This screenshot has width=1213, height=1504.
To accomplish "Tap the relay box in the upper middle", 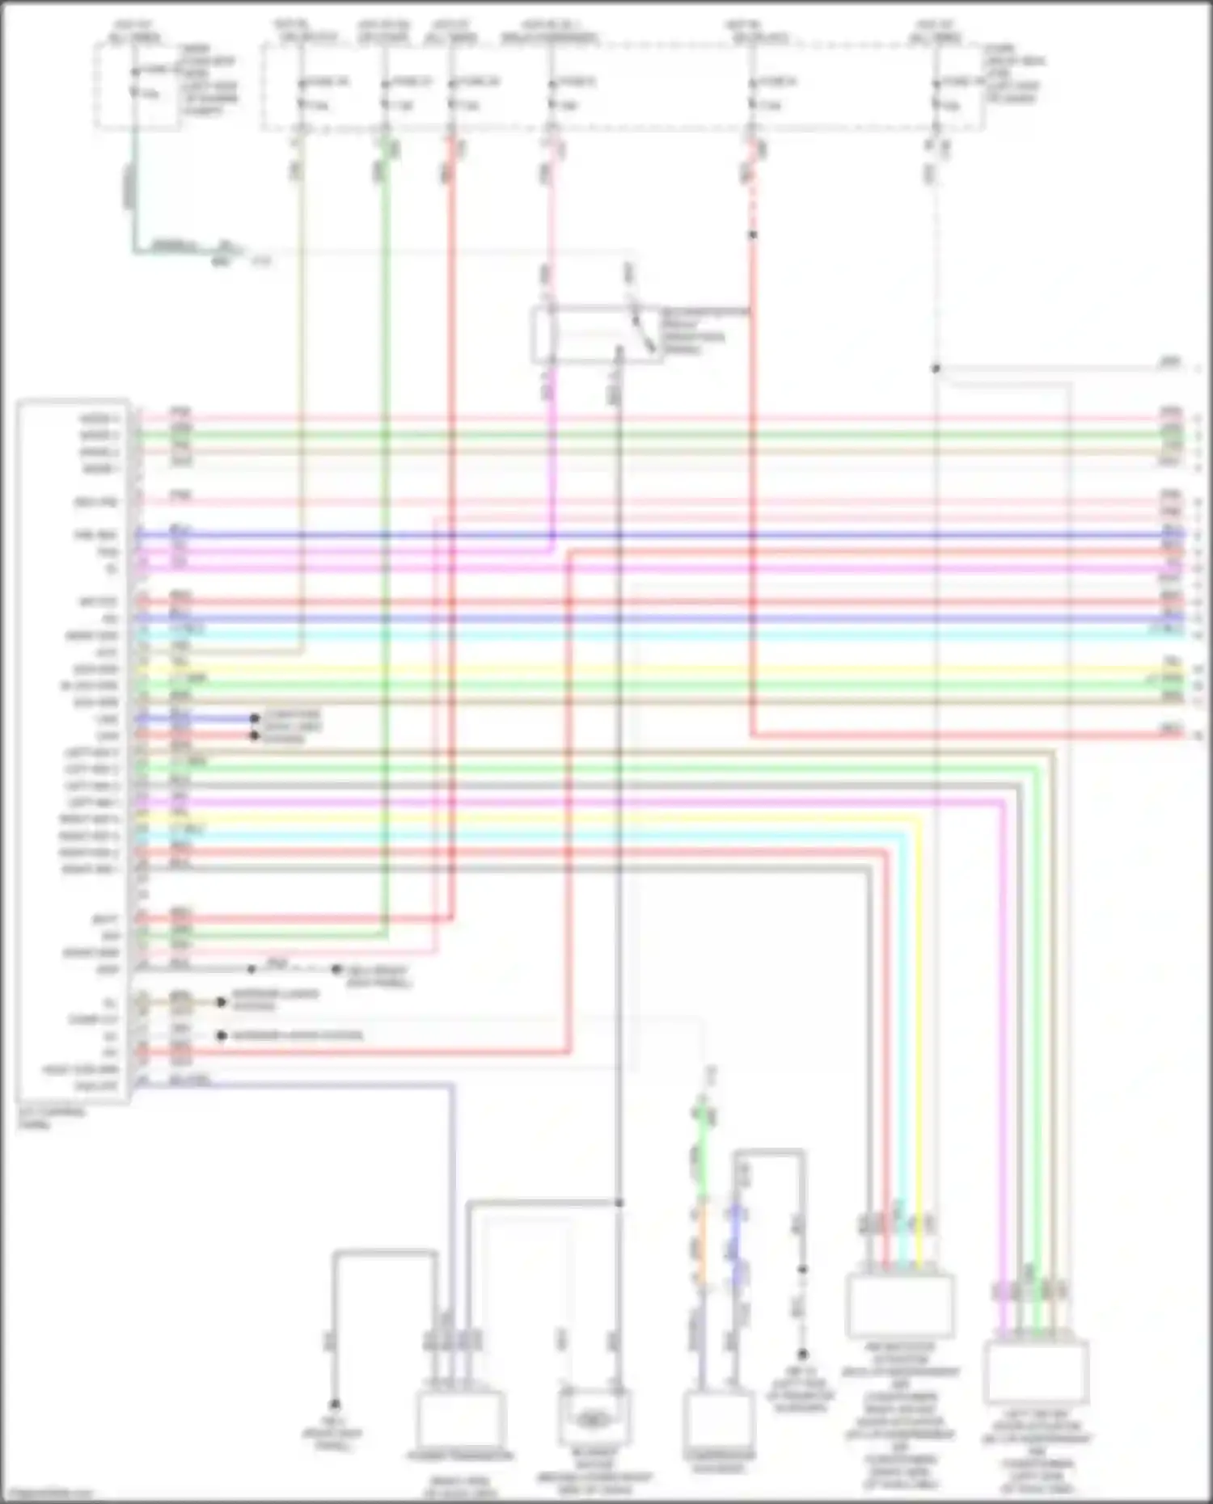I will click(597, 334).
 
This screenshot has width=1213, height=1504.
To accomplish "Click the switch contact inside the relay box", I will click(645, 331).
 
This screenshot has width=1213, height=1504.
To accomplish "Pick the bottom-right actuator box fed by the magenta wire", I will click(1036, 1371).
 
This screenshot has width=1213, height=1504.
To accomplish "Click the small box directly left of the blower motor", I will click(461, 1420).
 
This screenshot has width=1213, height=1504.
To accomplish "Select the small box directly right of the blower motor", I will click(719, 1420).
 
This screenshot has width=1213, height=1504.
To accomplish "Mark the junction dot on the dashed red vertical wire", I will click(752, 235).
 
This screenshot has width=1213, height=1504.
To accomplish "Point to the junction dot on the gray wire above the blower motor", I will click(619, 1203).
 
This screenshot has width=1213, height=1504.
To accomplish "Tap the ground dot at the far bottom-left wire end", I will click(334, 1405).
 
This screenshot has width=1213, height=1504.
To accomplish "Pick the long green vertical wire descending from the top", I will click(386, 485).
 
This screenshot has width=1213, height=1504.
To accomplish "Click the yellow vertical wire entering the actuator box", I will click(919, 1010).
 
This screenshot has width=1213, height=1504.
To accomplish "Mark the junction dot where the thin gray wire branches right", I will click(936, 369).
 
